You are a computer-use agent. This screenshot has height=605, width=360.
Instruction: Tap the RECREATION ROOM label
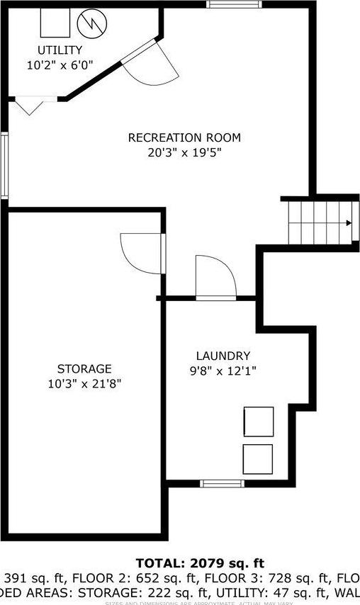(x=184, y=137)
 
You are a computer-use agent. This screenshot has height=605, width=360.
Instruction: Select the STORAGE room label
(x=84, y=368)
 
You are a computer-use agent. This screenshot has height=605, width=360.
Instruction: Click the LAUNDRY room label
(x=223, y=356)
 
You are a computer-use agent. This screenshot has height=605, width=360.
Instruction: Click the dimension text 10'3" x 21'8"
(x=84, y=383)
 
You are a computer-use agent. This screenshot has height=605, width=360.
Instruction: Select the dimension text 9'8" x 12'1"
(x=223, y=370)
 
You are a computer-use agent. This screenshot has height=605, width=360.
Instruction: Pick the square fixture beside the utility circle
(x=55, y=23)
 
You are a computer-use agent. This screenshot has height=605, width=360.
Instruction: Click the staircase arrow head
(x=349, y=223)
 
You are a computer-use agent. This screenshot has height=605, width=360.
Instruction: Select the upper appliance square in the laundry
(x=258, y=422)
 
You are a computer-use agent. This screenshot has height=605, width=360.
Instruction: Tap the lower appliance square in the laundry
(x=257, y=458)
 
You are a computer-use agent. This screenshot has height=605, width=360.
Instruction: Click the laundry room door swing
(x=214, y=278)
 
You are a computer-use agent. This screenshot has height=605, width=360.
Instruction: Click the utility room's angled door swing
(x=152, y=64)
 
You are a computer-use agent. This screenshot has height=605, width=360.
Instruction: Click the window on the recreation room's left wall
(x=4, y=166)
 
